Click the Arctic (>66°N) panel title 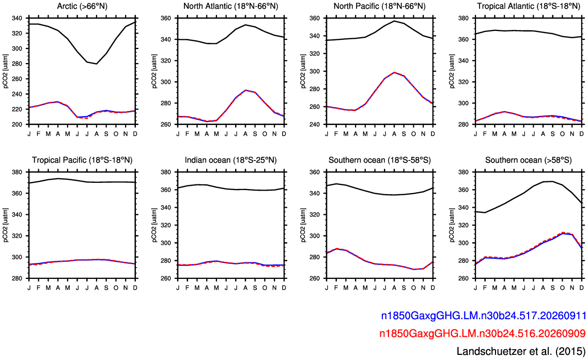(x=82, y=6)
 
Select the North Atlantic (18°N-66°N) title (x=230, y=6)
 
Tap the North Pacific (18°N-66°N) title (x=379, y=6)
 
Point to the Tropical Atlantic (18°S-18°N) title (x=529, y=6)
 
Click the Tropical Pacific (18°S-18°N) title (x=82, y=160)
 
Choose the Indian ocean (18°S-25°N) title (x=230, y=160)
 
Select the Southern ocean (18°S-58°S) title (x=379, y=160)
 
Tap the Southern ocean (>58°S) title (x=529, y=160)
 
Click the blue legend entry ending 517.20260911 (x=484, y=316)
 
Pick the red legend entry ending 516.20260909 (x=482, y=333)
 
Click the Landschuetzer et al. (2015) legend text (x=521, y=351)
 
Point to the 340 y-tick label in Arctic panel (x=17, y=18)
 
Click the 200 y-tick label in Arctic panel (x=17, y=124)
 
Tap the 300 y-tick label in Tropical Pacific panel (x=17, y=257)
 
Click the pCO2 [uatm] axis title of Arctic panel (x=6, y=71)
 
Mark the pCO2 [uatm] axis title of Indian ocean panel (x=154, y=225)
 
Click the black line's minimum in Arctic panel (x=97, y=64)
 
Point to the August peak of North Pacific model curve (x=394, y=72)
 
